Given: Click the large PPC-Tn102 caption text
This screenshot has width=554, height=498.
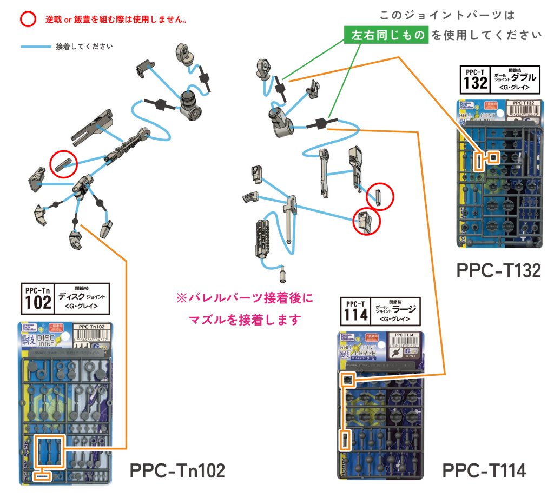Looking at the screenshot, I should (x=177, y=471).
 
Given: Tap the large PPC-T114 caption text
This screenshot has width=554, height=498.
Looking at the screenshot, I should (x=484, y=471).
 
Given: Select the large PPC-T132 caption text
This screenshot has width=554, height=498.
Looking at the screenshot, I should (x=498, y=270).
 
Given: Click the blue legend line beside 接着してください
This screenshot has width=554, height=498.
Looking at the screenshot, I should (x=36, y=47).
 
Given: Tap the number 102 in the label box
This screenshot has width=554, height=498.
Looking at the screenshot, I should (x=38, y=302).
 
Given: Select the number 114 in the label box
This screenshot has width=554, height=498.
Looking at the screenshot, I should (x=355, y=314).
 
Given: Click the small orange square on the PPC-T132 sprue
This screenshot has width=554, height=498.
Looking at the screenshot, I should (x=493, y=157).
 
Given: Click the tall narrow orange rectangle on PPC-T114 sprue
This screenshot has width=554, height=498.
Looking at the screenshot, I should (x=344, y=441).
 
